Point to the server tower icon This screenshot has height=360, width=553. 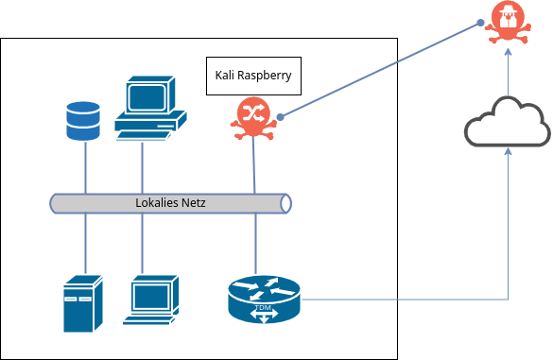point(81,302)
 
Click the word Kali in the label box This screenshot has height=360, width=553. point(227,75)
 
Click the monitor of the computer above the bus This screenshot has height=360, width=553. point(147,96)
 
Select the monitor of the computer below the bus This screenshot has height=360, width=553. point(152,296)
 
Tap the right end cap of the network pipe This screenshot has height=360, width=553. point(285,203)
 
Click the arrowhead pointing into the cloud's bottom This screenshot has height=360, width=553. point(509,149)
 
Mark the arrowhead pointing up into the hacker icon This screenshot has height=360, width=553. point(509,53)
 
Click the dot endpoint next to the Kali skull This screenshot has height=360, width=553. point(281,118)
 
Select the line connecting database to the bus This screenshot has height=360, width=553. point(86,167)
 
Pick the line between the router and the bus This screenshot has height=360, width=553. point(254,241)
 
